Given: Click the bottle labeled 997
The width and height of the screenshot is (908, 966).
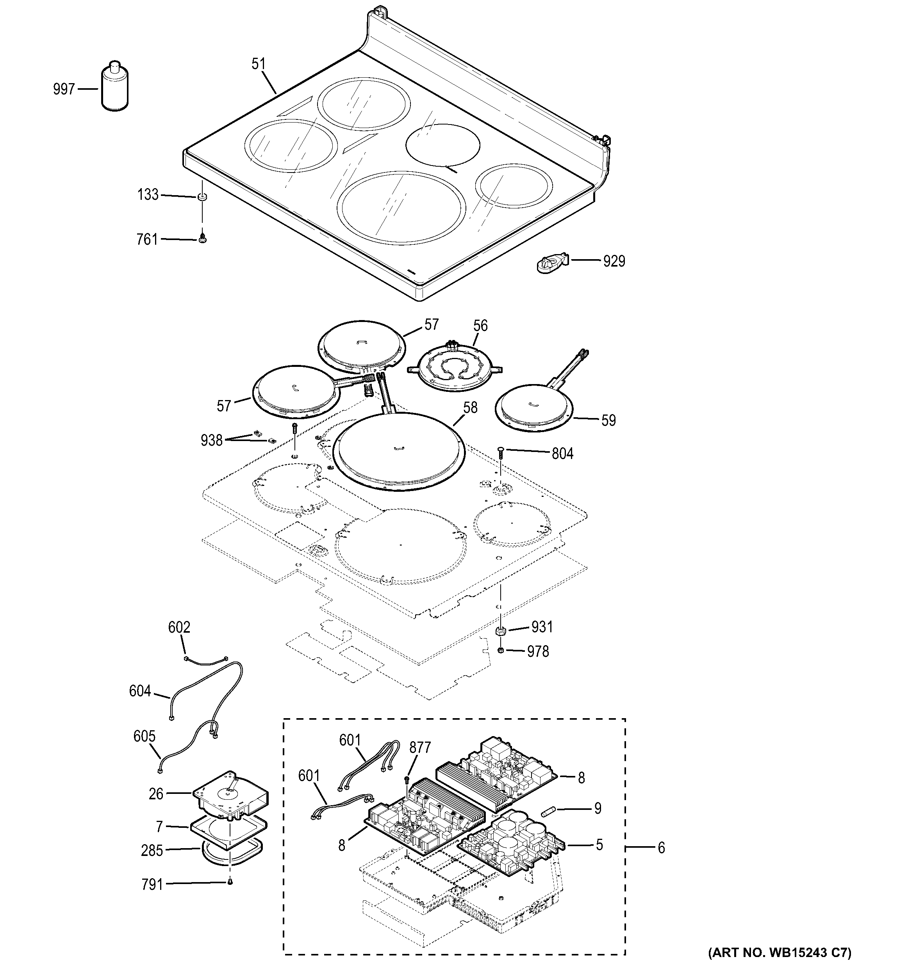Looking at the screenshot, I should [115, 87].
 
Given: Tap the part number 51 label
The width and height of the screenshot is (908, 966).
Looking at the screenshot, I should [259, 64].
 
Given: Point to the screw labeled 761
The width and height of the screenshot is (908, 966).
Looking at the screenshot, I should [202, 238].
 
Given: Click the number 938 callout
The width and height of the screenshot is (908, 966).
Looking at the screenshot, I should [211, 441].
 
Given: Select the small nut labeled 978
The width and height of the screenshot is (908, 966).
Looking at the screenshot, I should [501, 651].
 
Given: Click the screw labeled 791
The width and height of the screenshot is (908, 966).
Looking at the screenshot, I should [230, 882].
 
